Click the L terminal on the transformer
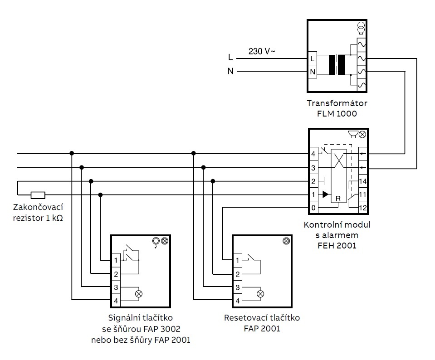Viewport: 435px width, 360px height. point(313,58)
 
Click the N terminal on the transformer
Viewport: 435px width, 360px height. point(313,72)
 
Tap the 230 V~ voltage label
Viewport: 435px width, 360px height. point(261,52)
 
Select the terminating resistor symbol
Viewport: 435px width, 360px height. point(38,195)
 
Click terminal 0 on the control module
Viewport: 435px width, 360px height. point(313,208)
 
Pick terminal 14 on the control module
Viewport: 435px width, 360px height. point(362,181)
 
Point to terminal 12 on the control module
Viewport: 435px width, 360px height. point(362,208)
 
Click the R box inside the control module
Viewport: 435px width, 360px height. point(337,199)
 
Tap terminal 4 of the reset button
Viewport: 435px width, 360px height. point(237,300)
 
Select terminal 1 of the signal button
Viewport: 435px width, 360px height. point(116,260)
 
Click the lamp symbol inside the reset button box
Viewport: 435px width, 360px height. point(260,294)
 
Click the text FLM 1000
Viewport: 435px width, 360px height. point(337,113)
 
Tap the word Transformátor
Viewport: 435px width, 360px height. point(337,103)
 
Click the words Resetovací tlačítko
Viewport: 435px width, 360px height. point(262,318)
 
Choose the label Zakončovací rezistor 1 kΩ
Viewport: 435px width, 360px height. point(38,212)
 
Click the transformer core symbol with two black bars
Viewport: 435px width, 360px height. point(337,65)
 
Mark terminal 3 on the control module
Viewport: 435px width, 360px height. point(313,168)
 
